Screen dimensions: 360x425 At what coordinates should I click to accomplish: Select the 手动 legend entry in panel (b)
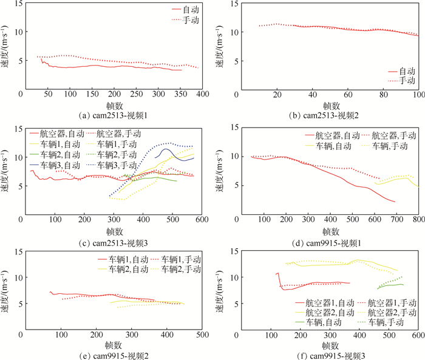[x=405, y=80]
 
